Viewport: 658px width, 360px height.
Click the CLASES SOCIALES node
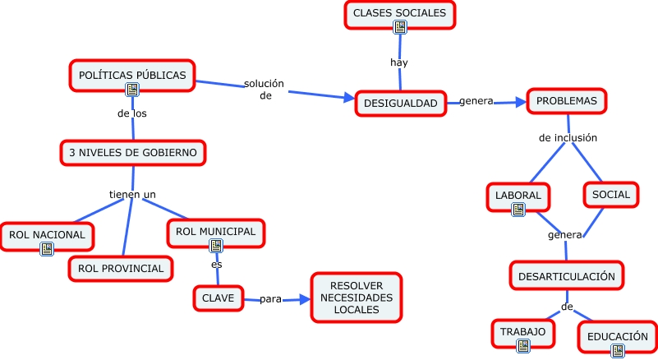pos(399,14)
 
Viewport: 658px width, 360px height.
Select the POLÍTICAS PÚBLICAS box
pos(131,75)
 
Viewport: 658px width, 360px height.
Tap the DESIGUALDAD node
pos(400,103)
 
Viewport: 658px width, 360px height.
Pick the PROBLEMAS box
pos(566,101)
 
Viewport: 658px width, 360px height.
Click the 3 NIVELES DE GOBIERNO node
pos(132,152)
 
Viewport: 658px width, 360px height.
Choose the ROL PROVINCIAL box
pos(121,268)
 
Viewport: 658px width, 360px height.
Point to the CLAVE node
pos(219,298)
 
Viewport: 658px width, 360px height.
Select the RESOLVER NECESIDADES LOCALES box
pos(356,297)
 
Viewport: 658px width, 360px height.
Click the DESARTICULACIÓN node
pos(566,276)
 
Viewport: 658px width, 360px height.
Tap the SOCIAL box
pos(610,195)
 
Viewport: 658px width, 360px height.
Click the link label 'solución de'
pos(265,89)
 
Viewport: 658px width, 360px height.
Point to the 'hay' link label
pos(399,62)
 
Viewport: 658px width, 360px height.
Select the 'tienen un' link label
pos(132,194)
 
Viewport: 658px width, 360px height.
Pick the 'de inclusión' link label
pos(568,137)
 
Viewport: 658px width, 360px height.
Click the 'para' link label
pos(271,299)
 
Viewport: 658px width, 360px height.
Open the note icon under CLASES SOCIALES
pos(400,28)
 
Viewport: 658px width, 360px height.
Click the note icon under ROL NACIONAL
pos(47,248)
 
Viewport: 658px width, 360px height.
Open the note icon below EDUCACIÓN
pos(617,350)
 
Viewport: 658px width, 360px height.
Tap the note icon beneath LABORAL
pos(518,210)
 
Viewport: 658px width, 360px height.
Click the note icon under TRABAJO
pos(522,345)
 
